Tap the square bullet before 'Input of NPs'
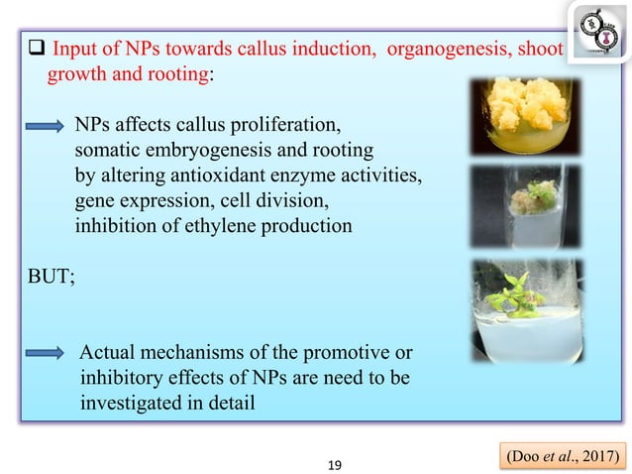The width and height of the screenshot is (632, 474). pyautogui.click(x=37, y=50)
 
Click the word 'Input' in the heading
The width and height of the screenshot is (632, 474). pyautogui.click(x=74, y=50)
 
